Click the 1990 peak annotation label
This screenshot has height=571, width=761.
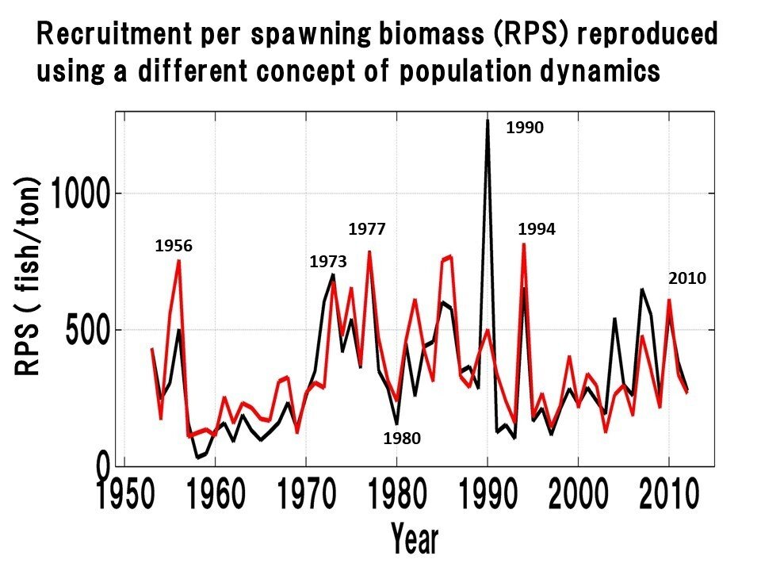(525, 127)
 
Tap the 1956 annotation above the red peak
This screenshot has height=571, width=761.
(174, 247)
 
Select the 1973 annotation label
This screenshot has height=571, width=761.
(328, 261)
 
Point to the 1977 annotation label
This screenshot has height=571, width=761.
(367, 230)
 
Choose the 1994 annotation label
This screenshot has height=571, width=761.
(537, 230)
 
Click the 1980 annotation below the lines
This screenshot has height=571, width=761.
(401, 437)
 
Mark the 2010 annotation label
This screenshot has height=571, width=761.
(686, 278)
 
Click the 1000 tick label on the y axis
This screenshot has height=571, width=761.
(81, 194)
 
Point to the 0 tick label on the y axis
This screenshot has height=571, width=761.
(104, 463)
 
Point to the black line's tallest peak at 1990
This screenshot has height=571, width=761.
(488, 121)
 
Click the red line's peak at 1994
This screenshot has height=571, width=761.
(523, 244)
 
